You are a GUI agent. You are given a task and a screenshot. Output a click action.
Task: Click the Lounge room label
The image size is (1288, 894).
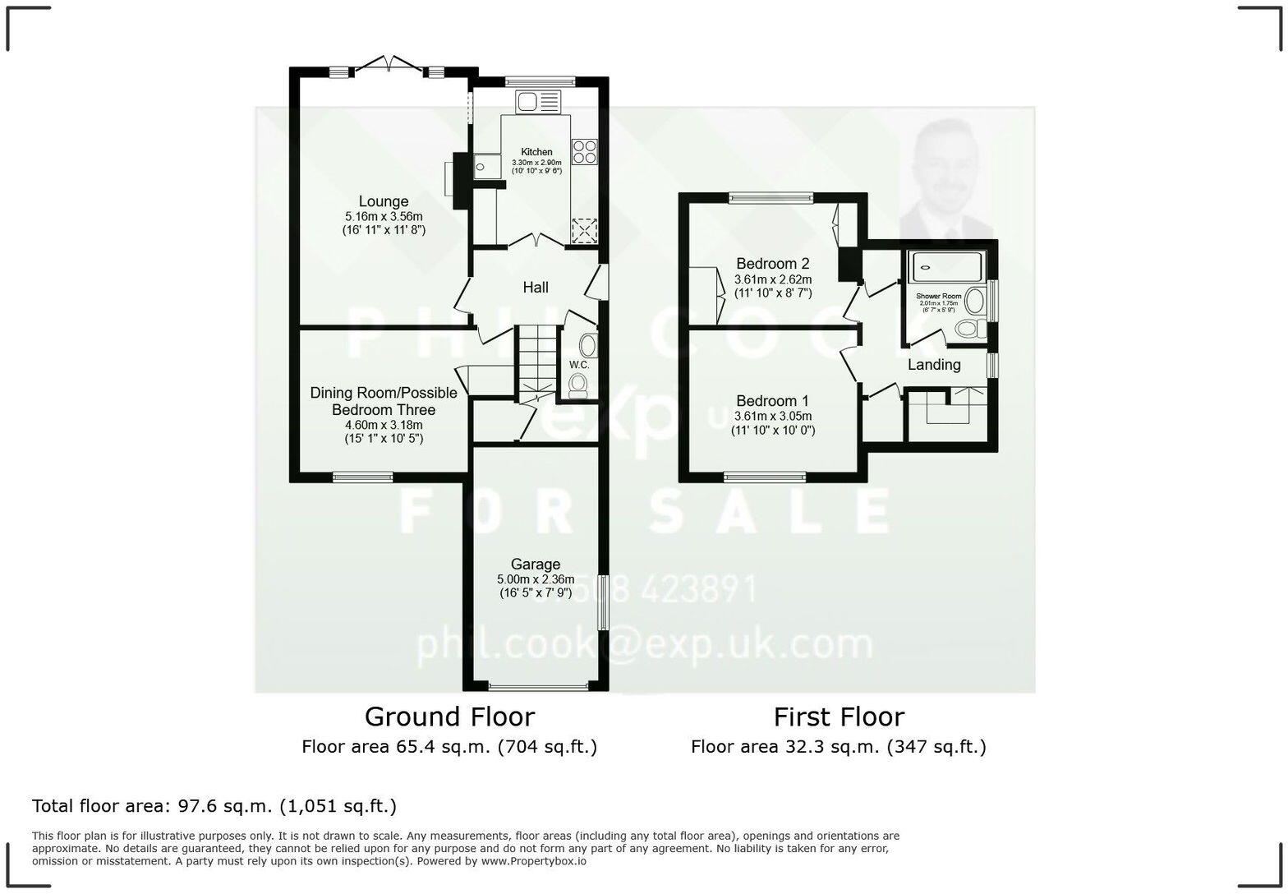[383, 201]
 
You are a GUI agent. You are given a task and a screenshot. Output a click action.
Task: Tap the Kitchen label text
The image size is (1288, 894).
[536, 152]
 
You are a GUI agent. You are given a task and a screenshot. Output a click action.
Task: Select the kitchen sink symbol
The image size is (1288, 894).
[537, 102]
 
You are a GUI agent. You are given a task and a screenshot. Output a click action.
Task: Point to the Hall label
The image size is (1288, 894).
[536, 288]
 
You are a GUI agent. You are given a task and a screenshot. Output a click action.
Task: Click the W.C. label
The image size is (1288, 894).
[578, 365]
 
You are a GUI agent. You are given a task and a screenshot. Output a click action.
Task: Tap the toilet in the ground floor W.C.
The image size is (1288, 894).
[579, 384]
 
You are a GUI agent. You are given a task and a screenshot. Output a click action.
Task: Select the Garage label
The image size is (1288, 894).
[536, 565]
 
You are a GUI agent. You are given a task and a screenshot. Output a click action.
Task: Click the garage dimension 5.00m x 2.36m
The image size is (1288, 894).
[536, 579]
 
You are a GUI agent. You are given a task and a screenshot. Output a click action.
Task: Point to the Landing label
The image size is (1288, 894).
[934, 365]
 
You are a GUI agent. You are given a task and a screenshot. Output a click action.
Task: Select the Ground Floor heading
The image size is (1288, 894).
[449, 717]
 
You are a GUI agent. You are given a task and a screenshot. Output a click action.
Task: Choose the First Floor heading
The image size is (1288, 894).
[839, 717]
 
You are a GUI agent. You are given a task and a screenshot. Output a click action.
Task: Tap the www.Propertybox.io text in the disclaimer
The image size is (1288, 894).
[533, 861]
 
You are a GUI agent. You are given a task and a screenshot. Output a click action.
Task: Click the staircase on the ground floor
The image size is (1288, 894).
[536, 357]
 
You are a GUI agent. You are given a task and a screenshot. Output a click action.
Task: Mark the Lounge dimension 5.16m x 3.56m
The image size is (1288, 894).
[383, 217]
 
